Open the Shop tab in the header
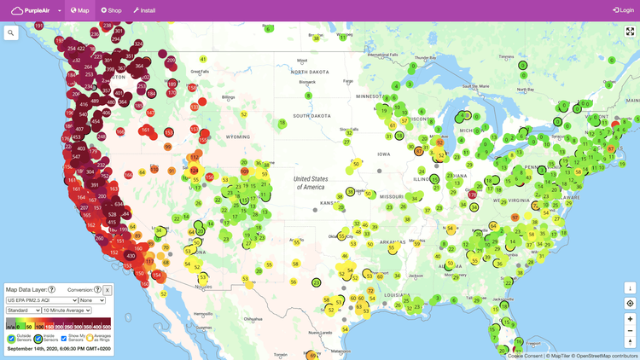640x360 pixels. pyautogui.click(x=112, y=10)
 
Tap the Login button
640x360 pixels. pyautogui.click(x=622, y=10)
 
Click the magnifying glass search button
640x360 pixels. pyautogui.click(x=11, y=33)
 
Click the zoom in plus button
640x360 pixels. pyautogui.click(x=630, y=318)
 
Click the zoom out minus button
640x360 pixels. pyautogui.click(x=630, y=331)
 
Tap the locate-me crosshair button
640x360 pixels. pyautogui.click(x=630, y=303)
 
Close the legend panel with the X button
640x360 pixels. pyautogui.click(x=108, y=290)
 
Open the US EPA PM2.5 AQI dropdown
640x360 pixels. pyautogui.click(x=41, y=300)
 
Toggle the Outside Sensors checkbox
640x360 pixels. pyautogui.click(x=12, y=338)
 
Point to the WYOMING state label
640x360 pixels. pyautogui.click(x=222, y=135)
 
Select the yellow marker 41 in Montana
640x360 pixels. pyautogui.click(x=203, y=59)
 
